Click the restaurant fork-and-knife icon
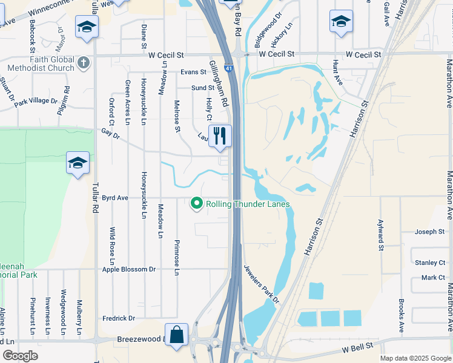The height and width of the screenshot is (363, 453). pyautogui.click(x=219, y=136)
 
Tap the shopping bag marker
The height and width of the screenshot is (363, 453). pyautogui.click(x=176, y=335)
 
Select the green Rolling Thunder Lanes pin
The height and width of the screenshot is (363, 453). pyautogui.click(x=196, y=204)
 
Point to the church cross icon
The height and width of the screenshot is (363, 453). pyautogui.click(x=84, y=62)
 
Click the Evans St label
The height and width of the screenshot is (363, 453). pyautogui.click(x=193, y=72)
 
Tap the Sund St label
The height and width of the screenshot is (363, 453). pyautogui.click(x=203, y=88)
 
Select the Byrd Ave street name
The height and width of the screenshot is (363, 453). pyautogui.click(x=115, y=198)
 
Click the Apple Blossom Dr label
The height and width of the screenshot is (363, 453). pyautogui.click(x=128, y=269)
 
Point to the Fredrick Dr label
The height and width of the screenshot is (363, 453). pyautogui.click(x=118, y=318)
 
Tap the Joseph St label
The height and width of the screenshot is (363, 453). pyautogui.click(x=430, y=232)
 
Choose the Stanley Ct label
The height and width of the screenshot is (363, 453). pyautogui.click(x=430, y=263)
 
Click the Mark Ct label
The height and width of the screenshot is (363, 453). pyautogui.click(x=433, y=278)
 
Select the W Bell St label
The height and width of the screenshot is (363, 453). pyautogui.click(x=357, y=350)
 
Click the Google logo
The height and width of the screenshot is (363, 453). pyautogui.click(x=20, y=356)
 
